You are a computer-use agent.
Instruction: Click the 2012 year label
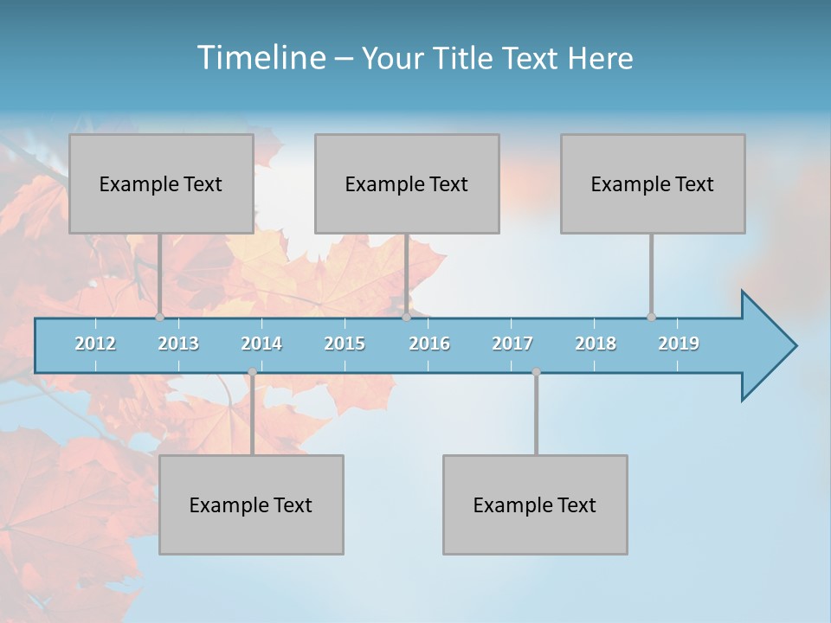coord(95,344)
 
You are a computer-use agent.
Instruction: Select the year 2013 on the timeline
coord(178,344)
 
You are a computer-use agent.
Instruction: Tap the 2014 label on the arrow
coord(261,344)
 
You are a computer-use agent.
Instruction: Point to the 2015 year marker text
coord(345,344)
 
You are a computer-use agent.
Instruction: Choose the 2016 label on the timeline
coord(429,344)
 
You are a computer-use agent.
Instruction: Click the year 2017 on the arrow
coord(512,344)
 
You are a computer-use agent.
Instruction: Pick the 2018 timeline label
coord(596,344)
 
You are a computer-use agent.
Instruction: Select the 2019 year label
coord(679,344)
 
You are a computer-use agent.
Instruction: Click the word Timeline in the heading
coord(260,58)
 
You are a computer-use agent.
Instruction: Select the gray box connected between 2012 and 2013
coord(161,183)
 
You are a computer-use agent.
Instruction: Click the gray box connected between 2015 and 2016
coord(407,183)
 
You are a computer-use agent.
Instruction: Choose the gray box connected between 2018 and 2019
coord(653,183)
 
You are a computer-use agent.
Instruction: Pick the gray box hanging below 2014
coord(251,504)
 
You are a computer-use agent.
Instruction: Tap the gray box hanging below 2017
coord(535,504)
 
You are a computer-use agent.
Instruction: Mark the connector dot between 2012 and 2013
coord(159,317)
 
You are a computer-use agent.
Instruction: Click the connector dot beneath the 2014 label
coord(252,372)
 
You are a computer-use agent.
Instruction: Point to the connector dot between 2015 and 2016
coord(406,317)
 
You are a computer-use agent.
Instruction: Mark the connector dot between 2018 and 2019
coord(651,317)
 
